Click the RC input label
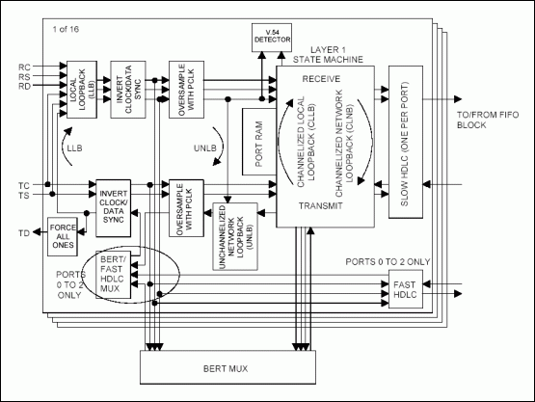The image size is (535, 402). pyautogui.click(x=24, y=67)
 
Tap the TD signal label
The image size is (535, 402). pyautogui.click(x=24, y=233)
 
